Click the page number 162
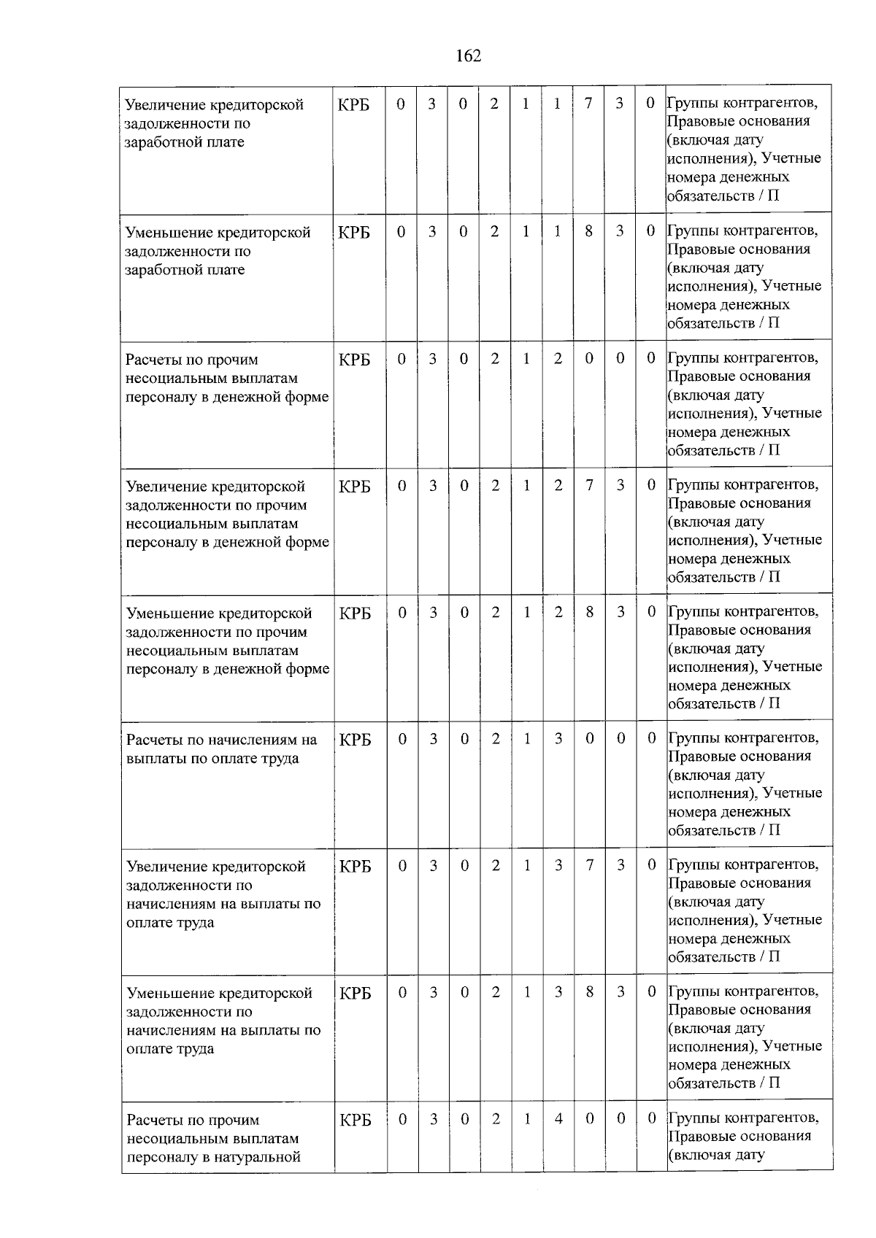point(468,56)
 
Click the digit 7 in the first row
point(588,104)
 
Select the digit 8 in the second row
point(588,231)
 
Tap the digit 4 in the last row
point(558,1118)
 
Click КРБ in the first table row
point(354,105)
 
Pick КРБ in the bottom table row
point(356,1120)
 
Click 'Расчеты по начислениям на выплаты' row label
point(221,748)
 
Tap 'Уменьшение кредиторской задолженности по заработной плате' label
point(217,251)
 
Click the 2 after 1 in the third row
point(558,358)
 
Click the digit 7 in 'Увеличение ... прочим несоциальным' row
point(589,485)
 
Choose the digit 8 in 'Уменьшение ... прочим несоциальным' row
point(589,612)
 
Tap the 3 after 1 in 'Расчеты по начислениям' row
point(558,738)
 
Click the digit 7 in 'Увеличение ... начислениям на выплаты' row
point(589,865)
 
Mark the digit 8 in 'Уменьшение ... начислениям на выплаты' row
point(589,992)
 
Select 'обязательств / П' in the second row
point(723,322)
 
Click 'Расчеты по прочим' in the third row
point(192,360)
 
